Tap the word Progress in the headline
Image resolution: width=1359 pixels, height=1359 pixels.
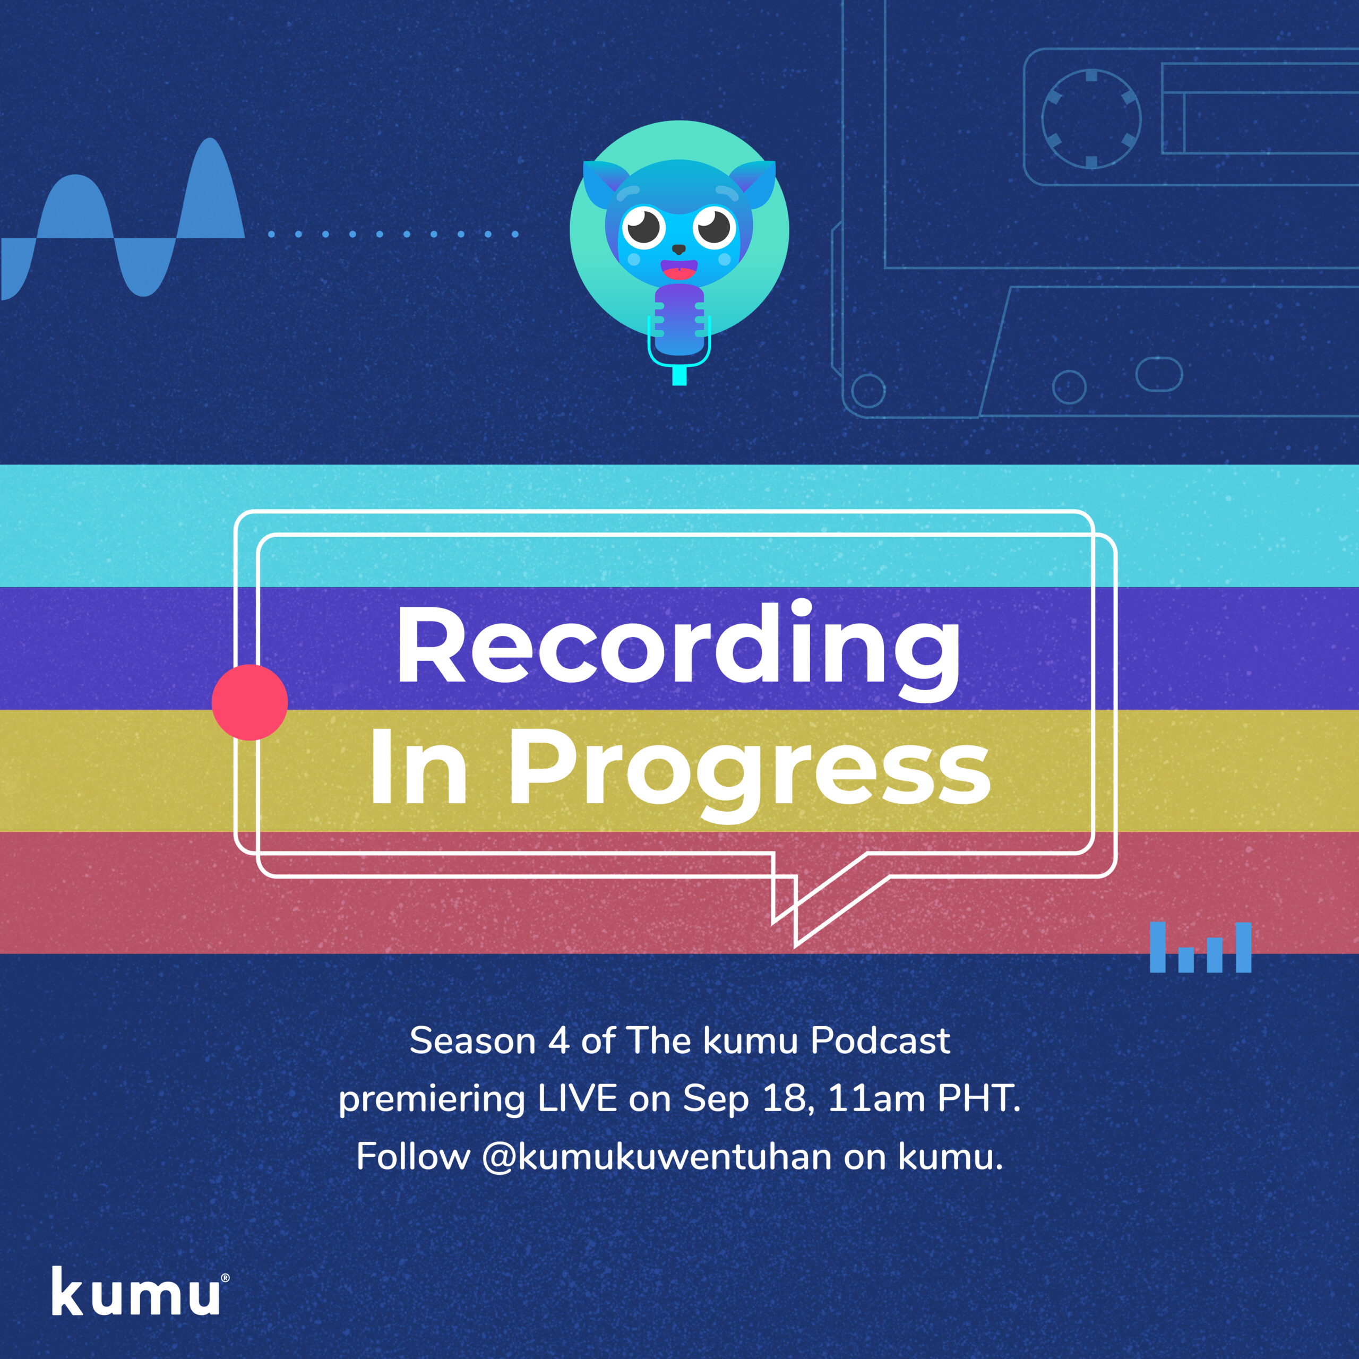point(750,771)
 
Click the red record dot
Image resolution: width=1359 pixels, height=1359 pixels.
point(250,702)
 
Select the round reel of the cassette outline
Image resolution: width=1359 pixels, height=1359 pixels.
point(1091,119)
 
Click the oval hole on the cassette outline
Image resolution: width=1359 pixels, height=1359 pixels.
point(1158,374)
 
